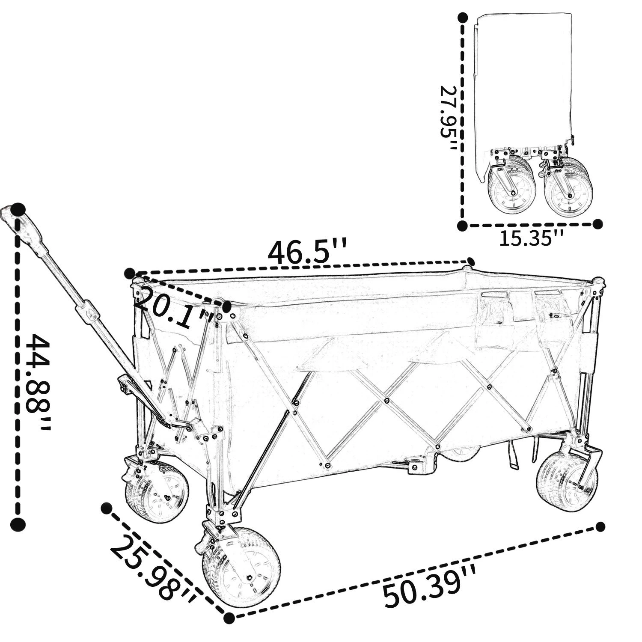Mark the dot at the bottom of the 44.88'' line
pyautogui.click(x=18, y=523)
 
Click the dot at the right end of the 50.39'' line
pyautogui.click(x=600, y=526)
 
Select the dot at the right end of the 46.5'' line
pyautogui.click(x=471, y=262)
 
